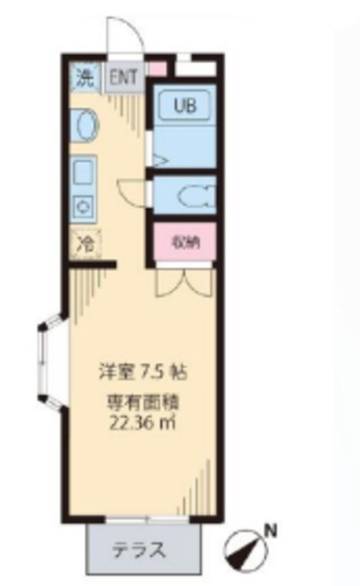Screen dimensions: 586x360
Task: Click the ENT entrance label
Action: pyautogui.click(x=123, y=76)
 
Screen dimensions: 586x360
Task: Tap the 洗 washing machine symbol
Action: pyautogui.click(x=84, y=76)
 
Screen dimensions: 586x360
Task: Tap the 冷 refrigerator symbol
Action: pyautogui.click(x=84, y=245)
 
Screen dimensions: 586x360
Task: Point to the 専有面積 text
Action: pyautogui.click(x=137, y=402)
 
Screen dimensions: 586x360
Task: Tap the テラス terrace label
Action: pyautogui.click(x=139, y=551)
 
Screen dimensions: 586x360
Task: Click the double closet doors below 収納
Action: pyautogui.click(x=183, y=278)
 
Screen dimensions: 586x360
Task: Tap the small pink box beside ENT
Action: pyautogui.click(x=158, y=68)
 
